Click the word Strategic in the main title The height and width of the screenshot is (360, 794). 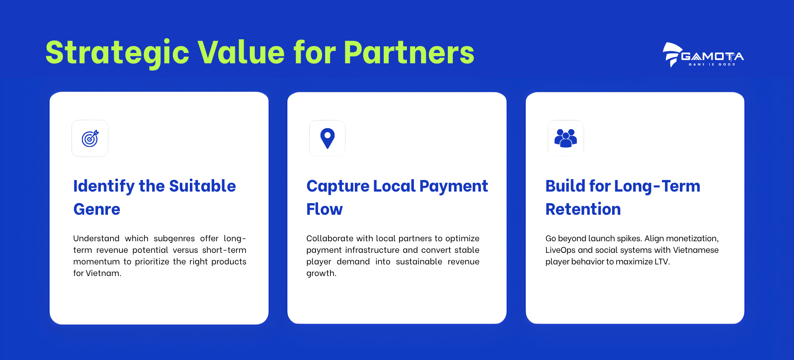click(117, 53)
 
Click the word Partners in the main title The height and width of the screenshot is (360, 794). click(409, 53)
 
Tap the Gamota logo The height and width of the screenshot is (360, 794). click(703, 55)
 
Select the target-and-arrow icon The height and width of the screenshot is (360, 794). click(90, 139)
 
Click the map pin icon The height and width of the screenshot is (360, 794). click(328, 138)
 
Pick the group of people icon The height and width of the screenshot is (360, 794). click(566, 138)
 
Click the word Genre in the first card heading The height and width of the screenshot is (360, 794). click(97, 209)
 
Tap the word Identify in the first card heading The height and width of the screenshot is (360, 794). click(104, 187)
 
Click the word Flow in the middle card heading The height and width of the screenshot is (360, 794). click(325, 209)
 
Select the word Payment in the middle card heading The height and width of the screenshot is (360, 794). click(454, 187)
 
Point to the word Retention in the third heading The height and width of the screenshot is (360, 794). click(583, 209)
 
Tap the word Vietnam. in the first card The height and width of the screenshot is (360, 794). click(103, 273)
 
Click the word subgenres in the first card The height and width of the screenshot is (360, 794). click(174, 239)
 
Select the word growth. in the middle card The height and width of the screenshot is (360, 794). click(321, 274)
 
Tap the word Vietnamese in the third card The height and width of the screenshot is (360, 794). click(696, 250)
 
